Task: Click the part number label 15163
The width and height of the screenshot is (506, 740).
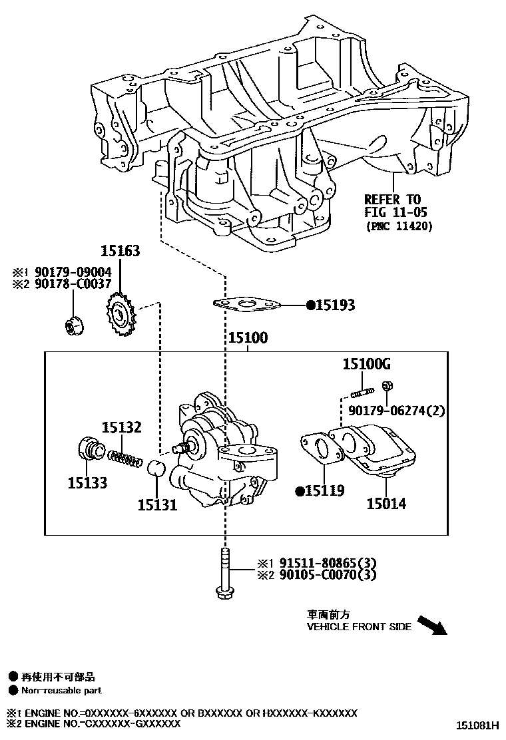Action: [x=121, y=251]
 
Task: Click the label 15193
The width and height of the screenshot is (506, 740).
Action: [x=335, y=306]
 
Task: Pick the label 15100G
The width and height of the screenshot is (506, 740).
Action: [x=366, y=364]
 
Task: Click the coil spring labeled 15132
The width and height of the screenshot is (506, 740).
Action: [x=126, y=458]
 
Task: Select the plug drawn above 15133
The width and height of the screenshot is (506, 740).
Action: [x=89, y=451]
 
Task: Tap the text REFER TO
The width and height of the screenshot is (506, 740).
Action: [x=392, y=200]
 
